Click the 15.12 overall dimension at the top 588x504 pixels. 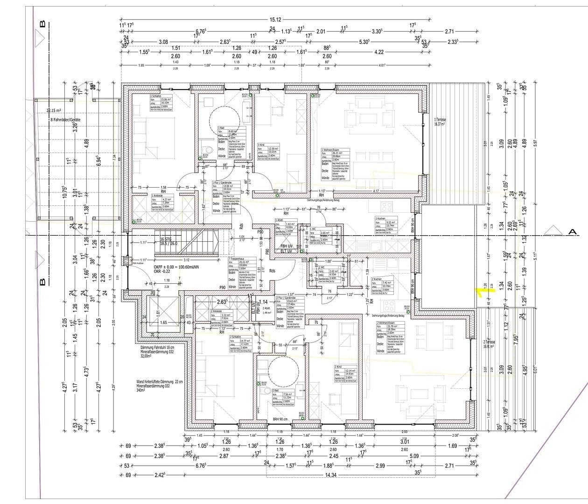275,20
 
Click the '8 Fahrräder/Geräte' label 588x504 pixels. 66,120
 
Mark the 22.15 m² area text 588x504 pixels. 54,111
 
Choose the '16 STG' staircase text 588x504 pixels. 166,238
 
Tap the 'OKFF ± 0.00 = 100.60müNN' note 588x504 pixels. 182,267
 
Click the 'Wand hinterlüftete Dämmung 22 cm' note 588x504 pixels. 160,381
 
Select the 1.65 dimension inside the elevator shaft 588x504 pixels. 163,322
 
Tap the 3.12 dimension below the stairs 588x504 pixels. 186,260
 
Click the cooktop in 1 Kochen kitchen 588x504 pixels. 388,206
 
